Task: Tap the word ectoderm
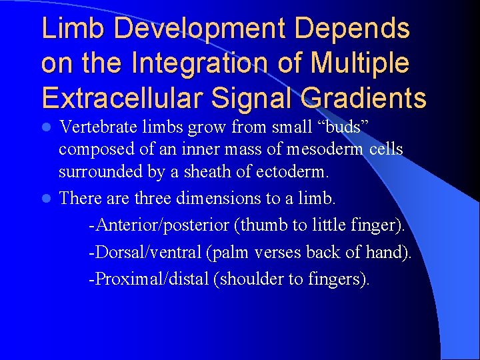[x=291, y=171]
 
